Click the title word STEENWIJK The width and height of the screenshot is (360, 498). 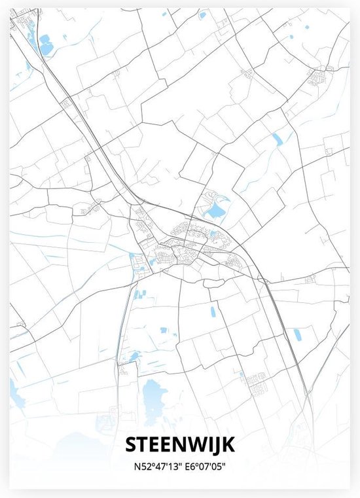point(180,446)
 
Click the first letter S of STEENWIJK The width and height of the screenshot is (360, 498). point(133,446)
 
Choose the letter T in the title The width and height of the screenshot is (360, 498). point(144,446)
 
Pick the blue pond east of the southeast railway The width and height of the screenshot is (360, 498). point(298,335)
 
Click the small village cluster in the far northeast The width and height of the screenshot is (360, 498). point(321,77)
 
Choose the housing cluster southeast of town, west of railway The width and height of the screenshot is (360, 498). point(252,378)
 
